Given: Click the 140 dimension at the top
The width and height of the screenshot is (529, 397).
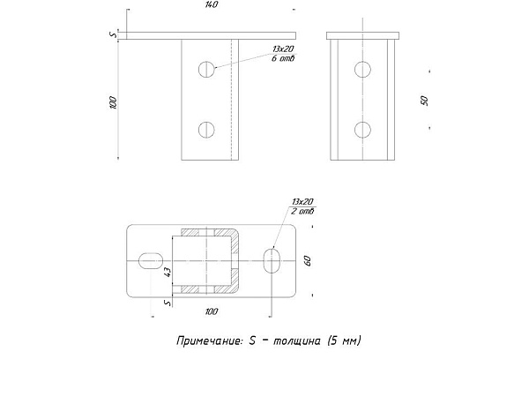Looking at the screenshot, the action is click(x=212, y=4).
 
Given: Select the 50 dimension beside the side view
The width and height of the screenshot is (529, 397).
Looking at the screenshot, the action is click(x=424, y=101).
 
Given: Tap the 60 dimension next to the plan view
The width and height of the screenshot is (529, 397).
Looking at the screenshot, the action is click(x=308, y=260).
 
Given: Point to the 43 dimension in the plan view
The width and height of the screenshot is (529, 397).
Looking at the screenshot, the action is click(x=168, y=272).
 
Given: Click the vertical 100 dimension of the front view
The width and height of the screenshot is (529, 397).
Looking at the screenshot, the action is click(x=113, y=102).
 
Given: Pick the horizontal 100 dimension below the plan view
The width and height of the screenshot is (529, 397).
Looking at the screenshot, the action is click(x=212, y=311).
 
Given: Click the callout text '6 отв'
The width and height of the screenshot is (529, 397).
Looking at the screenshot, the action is click(x=283, y=58).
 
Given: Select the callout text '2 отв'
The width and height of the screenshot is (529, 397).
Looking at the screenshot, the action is click(x=302, y=212).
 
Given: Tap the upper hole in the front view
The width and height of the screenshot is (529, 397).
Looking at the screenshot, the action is click(x=206, y=70).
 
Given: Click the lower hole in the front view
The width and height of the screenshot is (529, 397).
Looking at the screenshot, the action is click(x=206, y=130).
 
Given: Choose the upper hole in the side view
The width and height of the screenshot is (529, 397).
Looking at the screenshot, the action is click(x=362, y=70).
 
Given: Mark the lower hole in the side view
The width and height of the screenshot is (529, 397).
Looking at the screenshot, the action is click(x=362, y=130).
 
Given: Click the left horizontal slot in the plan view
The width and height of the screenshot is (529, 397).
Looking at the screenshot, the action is click(x=151, y=260).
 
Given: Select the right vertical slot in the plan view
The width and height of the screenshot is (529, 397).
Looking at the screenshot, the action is click(x=272, y=260).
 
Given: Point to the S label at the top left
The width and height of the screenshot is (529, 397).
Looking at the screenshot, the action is click(x=114, y=34).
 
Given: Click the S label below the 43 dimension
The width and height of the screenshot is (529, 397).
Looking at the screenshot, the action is click(x=168, y=303).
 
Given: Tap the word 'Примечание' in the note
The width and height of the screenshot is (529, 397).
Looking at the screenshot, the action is click(x=210, y=341).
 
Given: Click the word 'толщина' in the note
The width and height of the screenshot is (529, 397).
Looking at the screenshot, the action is click(x=296, y=341).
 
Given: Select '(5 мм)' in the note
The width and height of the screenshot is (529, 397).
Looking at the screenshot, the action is click(x=344, y=341).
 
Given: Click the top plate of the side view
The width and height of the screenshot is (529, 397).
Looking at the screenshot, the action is click(x=362, y=35).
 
